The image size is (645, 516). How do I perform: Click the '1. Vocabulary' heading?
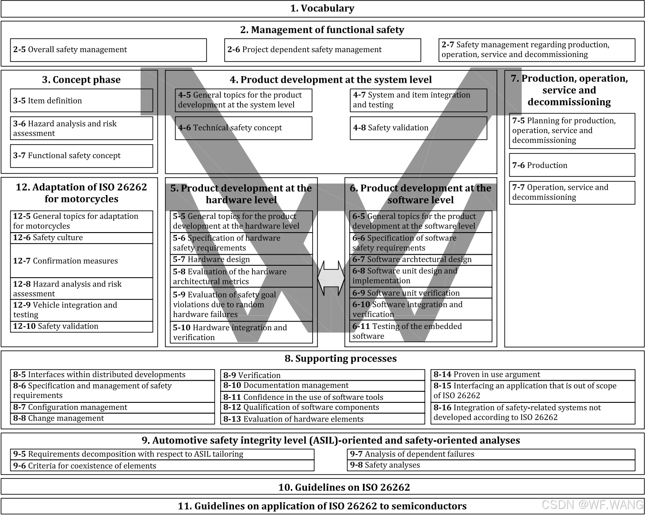pos(322,8)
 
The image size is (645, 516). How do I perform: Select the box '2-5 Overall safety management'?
pos(108,50)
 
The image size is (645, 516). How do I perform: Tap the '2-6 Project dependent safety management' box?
pos(323,50)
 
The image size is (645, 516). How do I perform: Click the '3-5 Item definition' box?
pos(81,100)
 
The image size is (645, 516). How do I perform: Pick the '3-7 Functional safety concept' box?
pos(81,156)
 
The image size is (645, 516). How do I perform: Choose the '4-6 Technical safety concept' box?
pos(243,128)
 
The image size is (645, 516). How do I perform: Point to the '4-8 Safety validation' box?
pos(418,128)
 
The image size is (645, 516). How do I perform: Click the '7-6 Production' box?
pos(572,165)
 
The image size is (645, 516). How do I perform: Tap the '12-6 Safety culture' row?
pos(81,238)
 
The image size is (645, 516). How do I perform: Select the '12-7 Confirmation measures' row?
pos(81,261)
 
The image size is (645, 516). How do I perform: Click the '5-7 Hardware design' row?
pos(241,260)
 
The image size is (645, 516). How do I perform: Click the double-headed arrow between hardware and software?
pos(331,278)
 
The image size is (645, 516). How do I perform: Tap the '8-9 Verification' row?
pos(323,375)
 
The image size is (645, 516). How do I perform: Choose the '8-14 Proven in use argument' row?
pos(533,375)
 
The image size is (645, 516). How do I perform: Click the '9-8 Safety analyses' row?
pos(491,465)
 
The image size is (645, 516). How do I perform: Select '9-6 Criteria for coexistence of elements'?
pos(162,466)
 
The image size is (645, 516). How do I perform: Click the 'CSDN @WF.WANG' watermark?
pos(592,505)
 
